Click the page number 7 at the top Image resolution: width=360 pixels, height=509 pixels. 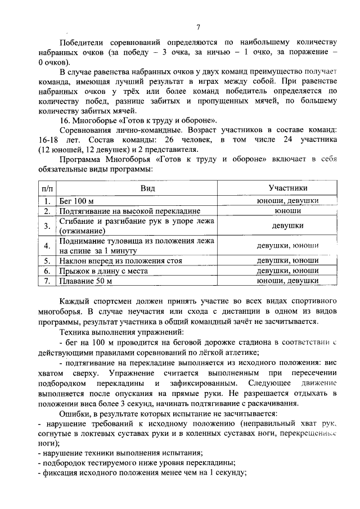(199, 27)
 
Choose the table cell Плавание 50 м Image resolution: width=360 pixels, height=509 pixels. (86, 281)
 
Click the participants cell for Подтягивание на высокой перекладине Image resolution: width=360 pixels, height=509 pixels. (288, 211)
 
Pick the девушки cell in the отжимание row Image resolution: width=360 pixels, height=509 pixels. (288, 226)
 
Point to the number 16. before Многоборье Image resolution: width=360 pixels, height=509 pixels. (66, 120)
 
